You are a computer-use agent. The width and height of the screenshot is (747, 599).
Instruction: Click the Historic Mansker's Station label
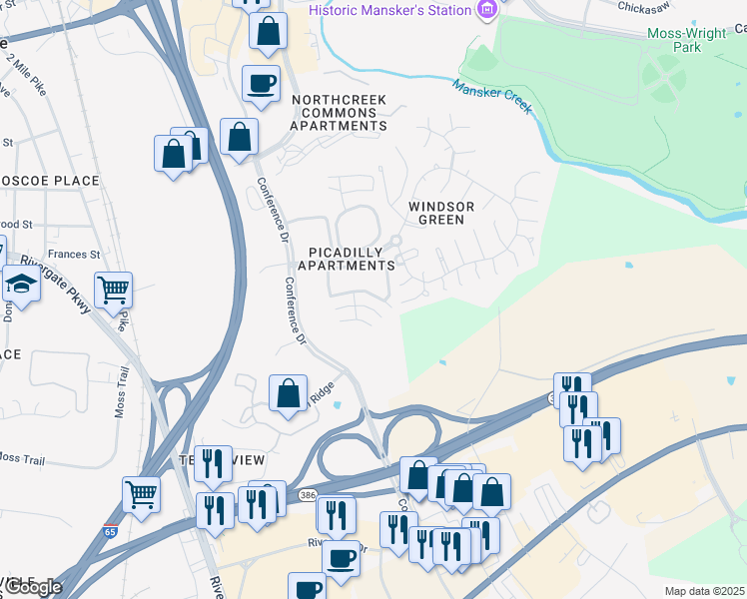click(x=389, y=10)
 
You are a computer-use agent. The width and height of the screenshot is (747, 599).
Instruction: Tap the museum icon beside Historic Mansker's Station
click(x=487, y=10)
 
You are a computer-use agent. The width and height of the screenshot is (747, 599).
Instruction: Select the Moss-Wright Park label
click(x=686, y=40)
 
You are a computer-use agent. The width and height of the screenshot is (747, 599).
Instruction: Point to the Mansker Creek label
click(x=492, y=97)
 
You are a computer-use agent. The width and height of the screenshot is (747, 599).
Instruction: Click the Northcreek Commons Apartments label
click(x=339, y=113)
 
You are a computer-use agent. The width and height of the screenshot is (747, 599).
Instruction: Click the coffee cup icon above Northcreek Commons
click(x=262, y=83)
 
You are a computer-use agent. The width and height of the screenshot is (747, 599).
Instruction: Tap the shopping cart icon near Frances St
click(x=113, y=290)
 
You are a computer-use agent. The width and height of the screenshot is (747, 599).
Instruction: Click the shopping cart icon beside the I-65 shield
click(x=141, y=493)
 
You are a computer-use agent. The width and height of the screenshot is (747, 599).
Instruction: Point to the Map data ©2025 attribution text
click(x=704, y=591)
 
